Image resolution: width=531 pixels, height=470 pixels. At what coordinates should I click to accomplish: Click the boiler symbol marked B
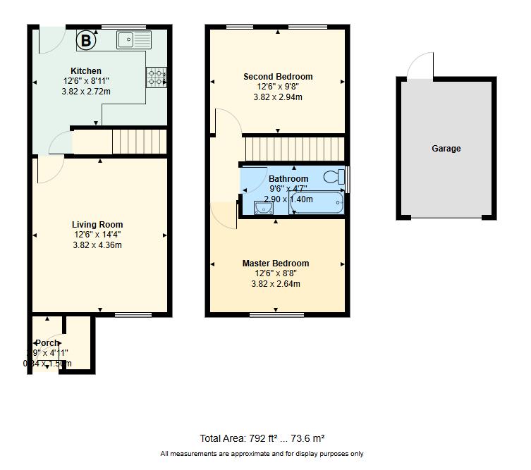[85, 41]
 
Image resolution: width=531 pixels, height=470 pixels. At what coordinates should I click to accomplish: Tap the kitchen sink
[134, 39]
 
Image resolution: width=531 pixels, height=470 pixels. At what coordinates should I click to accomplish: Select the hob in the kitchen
[156, 76]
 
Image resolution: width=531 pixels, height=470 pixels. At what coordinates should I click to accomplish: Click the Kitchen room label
[86, 71]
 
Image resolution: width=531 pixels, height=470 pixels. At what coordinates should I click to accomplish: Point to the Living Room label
[97, 225]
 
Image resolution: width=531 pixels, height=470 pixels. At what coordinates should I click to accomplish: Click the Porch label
[47, 343]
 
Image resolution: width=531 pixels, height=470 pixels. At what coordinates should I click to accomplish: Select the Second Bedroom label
[278, 77]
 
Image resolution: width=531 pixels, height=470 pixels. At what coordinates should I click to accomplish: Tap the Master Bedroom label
[276, 264]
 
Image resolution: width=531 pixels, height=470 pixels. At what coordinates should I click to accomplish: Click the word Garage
[446, 149]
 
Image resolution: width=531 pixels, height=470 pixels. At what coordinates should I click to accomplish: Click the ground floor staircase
[139, 142]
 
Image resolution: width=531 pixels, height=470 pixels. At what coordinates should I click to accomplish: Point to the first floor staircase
[293, 149]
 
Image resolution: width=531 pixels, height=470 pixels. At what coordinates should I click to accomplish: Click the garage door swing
[421, 66]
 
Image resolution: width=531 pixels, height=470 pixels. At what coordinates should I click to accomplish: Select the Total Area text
[262, 438]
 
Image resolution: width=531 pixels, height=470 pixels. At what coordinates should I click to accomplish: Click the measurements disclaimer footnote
[262, 454]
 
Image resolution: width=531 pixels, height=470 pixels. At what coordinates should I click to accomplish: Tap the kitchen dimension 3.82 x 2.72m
[86, 92]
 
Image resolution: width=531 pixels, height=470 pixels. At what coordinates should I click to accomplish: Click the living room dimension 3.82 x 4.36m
[97, 245]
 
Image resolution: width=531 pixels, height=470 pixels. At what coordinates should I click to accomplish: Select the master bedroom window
[276, 314]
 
